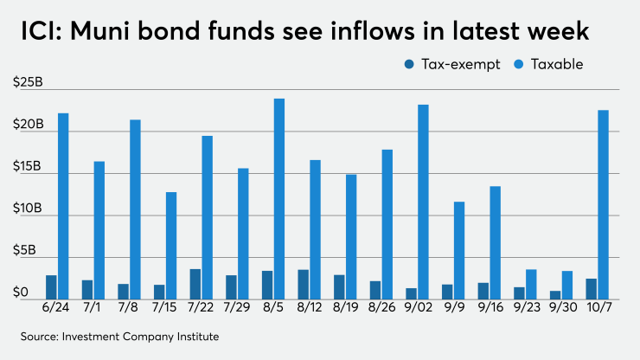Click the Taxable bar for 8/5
(279, 199)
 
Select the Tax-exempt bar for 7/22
(195, 284)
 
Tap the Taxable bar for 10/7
(603, 204)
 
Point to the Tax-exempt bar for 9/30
(554, 294)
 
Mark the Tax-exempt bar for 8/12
(304, 284)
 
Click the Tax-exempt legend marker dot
(409, 64)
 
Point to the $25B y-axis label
(31, 82)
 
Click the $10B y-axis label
(31, 209)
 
